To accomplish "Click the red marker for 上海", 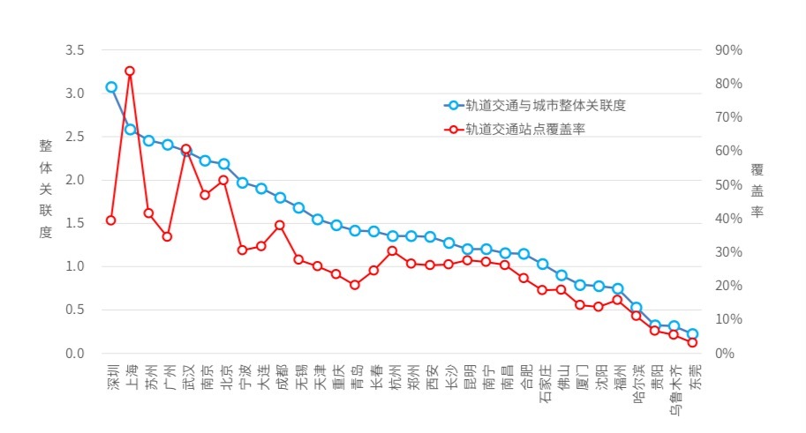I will tap(130, 71).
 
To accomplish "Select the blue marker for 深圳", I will tap(111, 87).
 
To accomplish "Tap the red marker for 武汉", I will tap(186, 150).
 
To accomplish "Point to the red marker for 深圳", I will tap(111, 220).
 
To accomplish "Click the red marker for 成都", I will tap(280, 225).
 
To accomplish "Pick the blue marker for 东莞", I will tap(693, 334).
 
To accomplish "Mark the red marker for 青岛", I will tap(355, 285).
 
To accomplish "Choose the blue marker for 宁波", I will tap(242, 183).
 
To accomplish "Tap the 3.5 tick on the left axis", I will tap(75, 50).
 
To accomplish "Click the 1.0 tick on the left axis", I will tap(75, 266).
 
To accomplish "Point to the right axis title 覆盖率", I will tap(757, 190).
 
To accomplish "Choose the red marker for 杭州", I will tap(393, 251).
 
